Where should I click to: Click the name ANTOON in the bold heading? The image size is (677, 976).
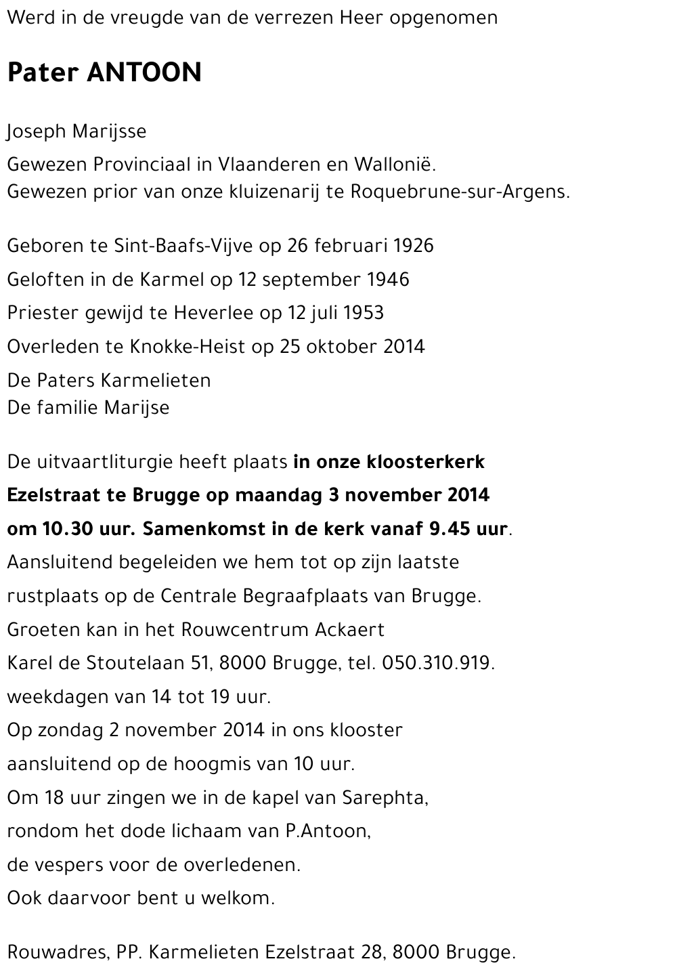point(144,72)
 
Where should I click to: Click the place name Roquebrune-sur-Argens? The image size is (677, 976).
point(460,192)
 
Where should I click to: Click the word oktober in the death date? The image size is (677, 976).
point(342,347)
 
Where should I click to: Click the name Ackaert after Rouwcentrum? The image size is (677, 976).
point(350,630)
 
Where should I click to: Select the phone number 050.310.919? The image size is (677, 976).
point(437,663)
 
